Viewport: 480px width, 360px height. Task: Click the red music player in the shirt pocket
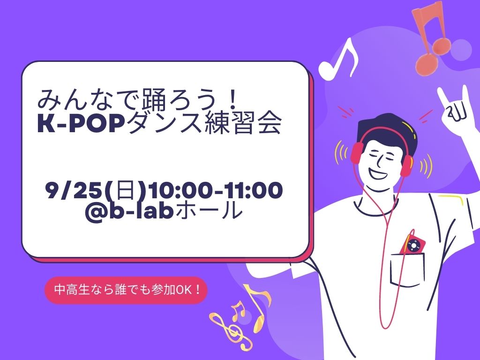414,245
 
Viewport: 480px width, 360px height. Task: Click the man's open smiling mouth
379,172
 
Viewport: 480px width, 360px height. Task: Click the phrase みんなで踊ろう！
138,99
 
